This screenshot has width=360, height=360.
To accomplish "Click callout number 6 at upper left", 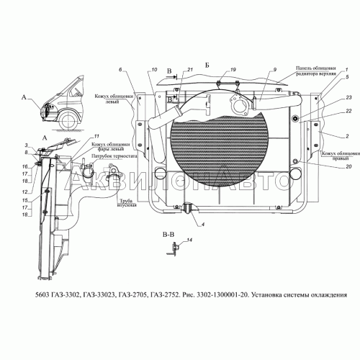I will tap(122, 69).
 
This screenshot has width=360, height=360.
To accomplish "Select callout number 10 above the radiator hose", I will tap(154, 69).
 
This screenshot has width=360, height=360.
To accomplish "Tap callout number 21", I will tap(190, 69).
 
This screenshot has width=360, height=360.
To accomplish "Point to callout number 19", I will tap(223, 69).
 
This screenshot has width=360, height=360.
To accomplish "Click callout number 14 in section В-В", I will tap(190, 240).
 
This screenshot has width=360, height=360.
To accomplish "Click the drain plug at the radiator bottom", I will tap(188, 209).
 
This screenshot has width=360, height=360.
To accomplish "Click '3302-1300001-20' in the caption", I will tap(212, 294).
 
